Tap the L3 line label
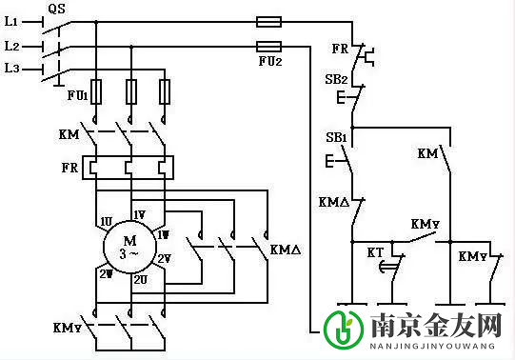pos(12,68)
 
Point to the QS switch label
pos(56,8)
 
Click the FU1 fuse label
pos(76,96)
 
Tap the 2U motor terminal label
pos(139,280)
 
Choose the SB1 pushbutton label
pos(335,139)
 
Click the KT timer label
pos(374,252)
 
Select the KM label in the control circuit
pos(426,152)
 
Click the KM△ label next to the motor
pos(286,250)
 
